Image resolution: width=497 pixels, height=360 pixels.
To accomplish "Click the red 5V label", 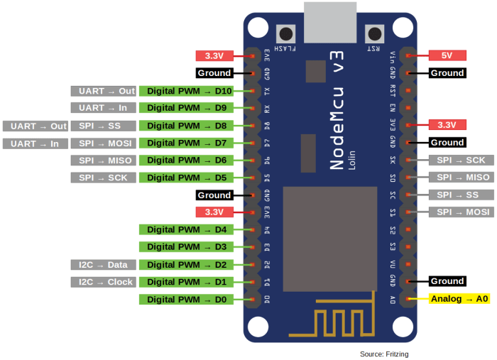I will pyautogui.click(x=447, y=55).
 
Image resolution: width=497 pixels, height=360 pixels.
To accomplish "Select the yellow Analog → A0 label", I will pyautogui.click(x=459, y=299).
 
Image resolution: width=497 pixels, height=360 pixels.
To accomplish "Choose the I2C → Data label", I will pyautogui.click(x=103, y=265).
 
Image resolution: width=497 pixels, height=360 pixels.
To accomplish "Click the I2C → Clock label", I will pyautogui.click(x=103, y=282).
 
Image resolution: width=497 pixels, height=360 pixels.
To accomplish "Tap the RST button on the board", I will pyautogui.click(x=373, y=34).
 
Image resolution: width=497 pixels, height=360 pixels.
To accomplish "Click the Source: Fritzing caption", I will pyautogui.click(x=384, y=354).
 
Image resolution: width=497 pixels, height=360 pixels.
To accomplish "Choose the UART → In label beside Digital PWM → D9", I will pyautogui.click(x=103, y=108).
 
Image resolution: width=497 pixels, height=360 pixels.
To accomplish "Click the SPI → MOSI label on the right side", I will pyautogui.click(x=462, y=212).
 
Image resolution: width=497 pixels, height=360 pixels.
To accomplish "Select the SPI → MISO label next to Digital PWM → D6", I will pyautogui.click(x=103, y=160).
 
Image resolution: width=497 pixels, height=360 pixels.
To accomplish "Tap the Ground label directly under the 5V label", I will pyautogui.click(x=447, y=73).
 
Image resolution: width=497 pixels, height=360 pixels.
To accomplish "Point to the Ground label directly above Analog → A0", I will pyautogui.click(x=447, y=281).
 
